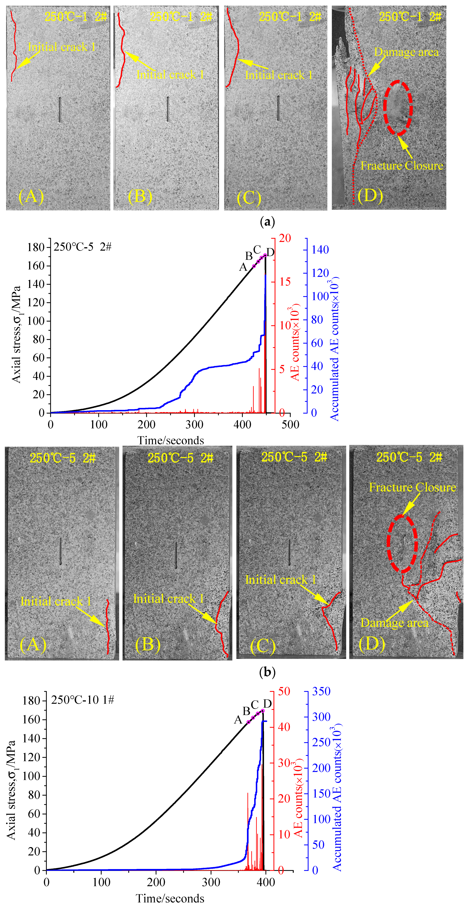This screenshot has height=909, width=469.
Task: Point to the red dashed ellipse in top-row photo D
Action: point(398,107)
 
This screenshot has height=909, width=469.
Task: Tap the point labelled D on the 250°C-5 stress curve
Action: point(265,255)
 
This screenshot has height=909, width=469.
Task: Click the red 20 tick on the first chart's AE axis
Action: point(285,238)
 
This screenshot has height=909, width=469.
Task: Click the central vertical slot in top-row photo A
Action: point(60,110)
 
